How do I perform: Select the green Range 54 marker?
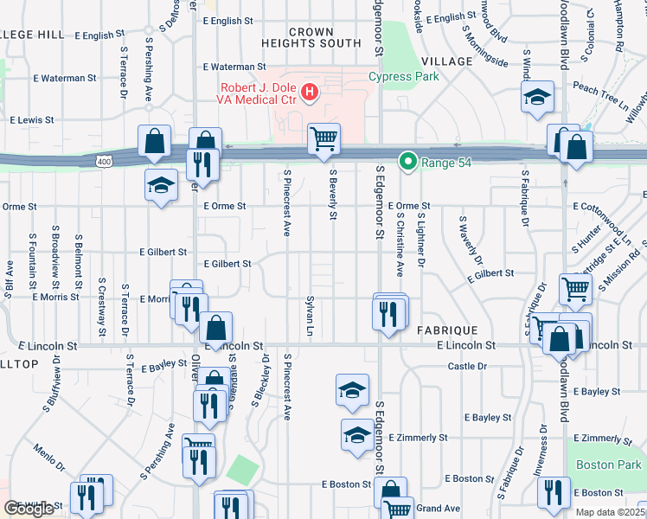pyautogui.click(x=407, y=161)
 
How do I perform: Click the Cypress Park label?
pyautogui.click(x=404, y=76)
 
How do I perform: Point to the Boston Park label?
pyautogui.click(x=606, y=465)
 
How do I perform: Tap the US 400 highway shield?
pyautogui.click(x=105, y=161)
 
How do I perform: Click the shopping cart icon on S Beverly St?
pyautogui.click(x=323, y=138)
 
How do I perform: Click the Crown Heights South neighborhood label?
pyautogui.click(x=312, y=37)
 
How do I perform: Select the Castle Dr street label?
pyautogui.click(x=467, y=367)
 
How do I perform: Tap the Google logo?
pyautogui.click(x=29, y=509)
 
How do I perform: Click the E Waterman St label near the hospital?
pyautogui.click(x=234, y=67)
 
